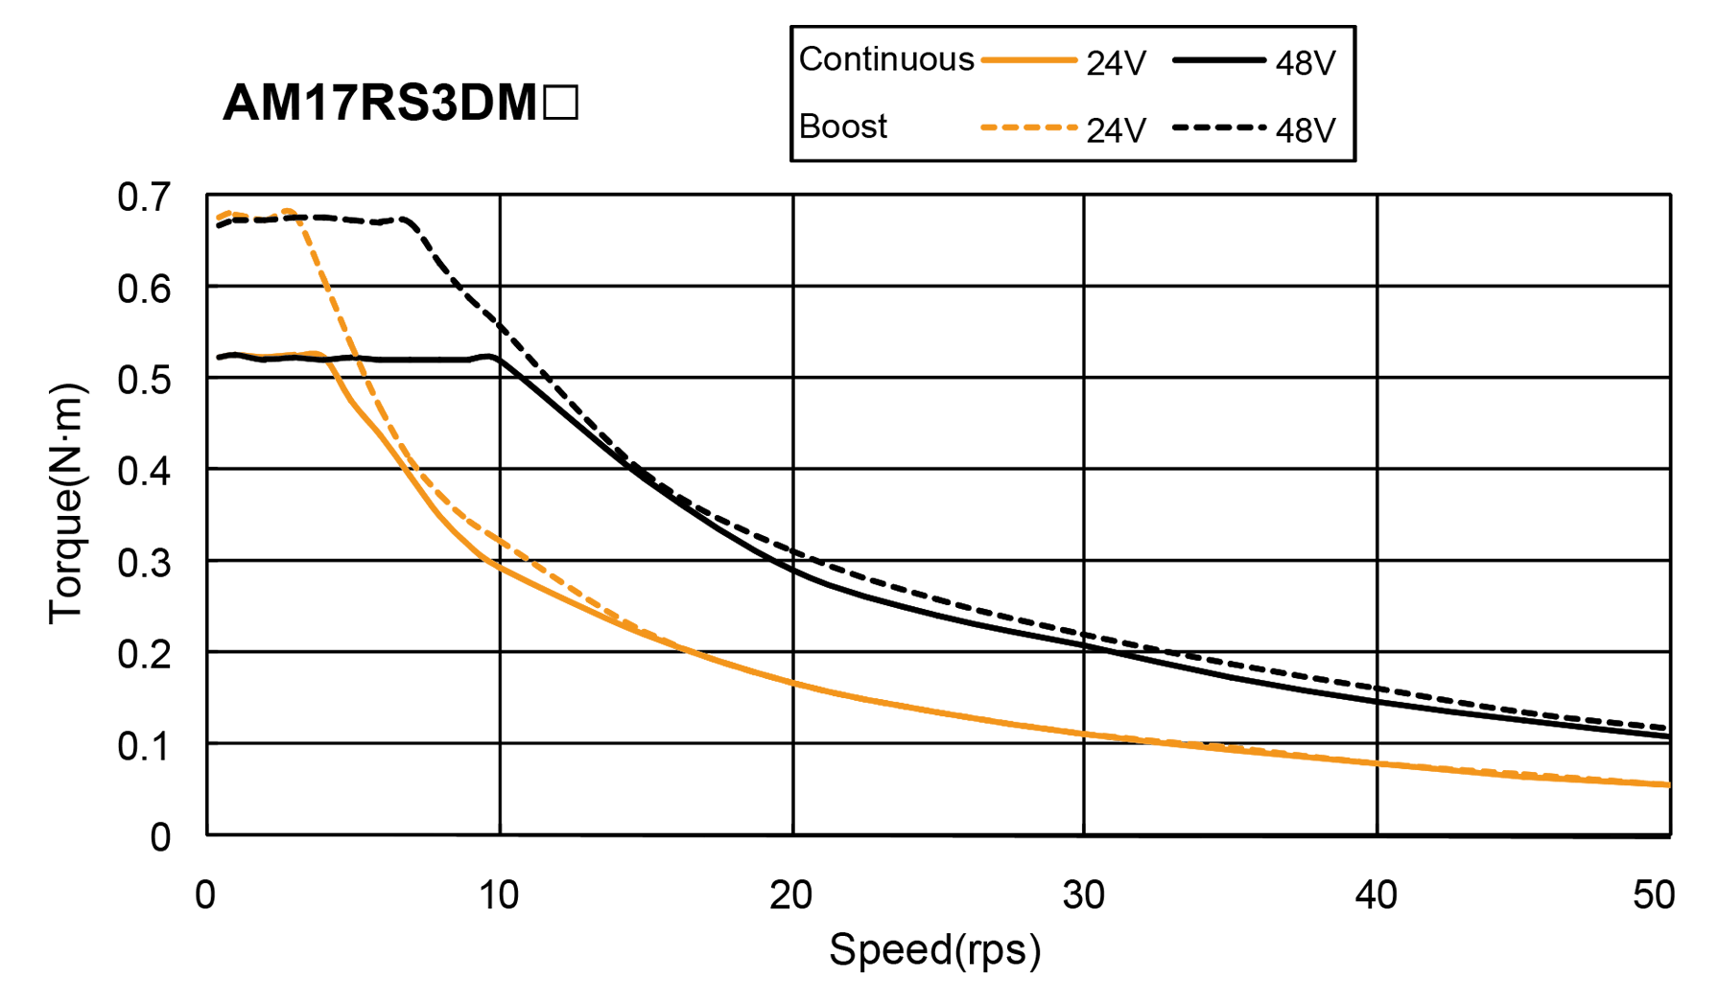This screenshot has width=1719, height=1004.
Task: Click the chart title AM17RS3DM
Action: [x=400, y=103]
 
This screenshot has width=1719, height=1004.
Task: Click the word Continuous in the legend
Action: [x=885, y=59]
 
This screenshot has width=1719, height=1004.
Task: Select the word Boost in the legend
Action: [x=842, y=127]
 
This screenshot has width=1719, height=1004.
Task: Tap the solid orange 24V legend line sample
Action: [x=1029, y=60]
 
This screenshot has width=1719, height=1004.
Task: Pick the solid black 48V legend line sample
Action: [x=1219, y=60]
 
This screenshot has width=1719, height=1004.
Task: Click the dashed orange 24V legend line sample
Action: [x=1029, y=128]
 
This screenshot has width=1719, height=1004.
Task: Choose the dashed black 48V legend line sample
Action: [x=1219, y=128]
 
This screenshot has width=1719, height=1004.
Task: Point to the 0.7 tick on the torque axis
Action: [x=144, y=198]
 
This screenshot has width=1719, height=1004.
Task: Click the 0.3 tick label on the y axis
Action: [x=144, y=563]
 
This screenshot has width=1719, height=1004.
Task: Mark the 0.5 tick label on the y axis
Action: [x=144, y=381]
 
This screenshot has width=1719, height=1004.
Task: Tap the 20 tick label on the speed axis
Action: [x=791, y=895]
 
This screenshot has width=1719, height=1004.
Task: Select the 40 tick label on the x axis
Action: [x=1376, y=895]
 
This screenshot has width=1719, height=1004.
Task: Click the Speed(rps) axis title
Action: [x=934, y=950]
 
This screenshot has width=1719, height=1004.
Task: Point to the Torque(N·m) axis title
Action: [x=67, y=503]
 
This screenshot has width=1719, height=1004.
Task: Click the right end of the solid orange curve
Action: [x=1667, y=784]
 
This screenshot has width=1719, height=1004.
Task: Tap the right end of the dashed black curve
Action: [x=1667, y=728]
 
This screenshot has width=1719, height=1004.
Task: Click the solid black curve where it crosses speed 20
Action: [x=793, y=570]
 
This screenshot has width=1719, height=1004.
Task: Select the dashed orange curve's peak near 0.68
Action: [x=287, y=211]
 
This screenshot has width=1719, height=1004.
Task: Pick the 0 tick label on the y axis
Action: [x=160, y=837]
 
